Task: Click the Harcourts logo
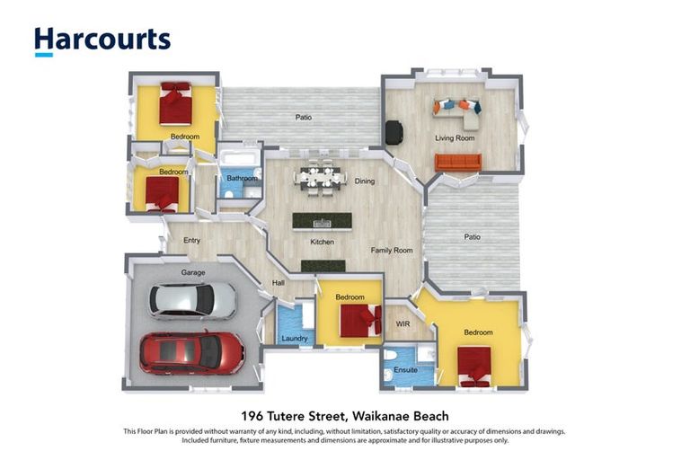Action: [102, 41]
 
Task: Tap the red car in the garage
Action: [191, 353]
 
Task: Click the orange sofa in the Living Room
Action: [458, 162]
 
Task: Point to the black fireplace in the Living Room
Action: [394, 132]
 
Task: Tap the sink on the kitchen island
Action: [323, 224]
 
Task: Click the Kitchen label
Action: [323, 242]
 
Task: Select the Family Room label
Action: [392, 250]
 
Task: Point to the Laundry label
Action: [295, 338]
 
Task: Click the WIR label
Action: [402, 324]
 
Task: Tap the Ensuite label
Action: [405, 370]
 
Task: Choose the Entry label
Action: [192, 241]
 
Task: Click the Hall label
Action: [279, 283]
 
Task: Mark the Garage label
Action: [193, 272]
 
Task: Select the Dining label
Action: [365, 181]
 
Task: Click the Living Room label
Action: [455, 137]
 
